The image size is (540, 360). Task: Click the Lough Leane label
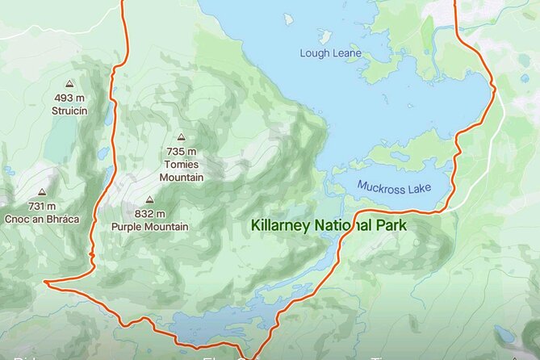coord(330,54)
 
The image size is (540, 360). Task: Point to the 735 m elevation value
coord(182,152)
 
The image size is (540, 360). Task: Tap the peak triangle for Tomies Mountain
coord(182,137)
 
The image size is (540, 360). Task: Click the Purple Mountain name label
coord(150,227)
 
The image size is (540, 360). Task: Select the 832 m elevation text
coord(150,214)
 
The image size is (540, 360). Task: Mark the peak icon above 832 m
coord(149,199)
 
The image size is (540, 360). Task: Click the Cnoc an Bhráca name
coord(41,220)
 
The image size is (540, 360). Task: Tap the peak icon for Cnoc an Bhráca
coord(41,193)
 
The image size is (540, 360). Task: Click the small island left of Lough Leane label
coord(324,36)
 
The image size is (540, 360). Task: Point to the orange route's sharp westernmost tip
coord(46,283)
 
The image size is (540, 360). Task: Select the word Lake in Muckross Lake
coord(419,187)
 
